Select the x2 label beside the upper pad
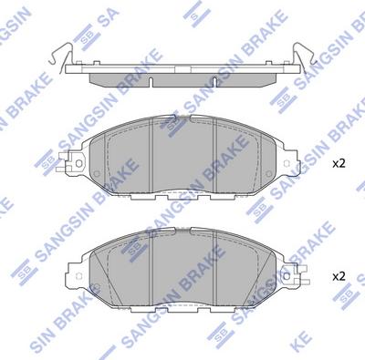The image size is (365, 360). click(338, 164)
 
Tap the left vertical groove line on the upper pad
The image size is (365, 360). click(150, 150)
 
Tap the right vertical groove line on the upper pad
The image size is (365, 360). click(214, 150)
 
